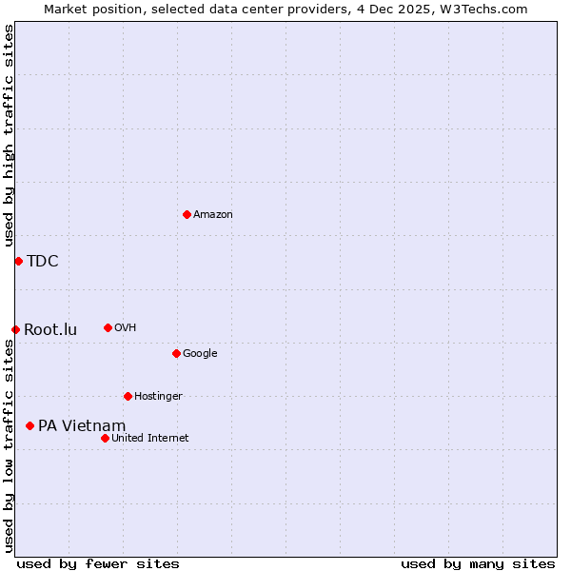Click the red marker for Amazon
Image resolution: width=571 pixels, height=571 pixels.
click(x=187, y=214)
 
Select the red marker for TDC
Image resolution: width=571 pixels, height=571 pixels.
click(x=18, y=261)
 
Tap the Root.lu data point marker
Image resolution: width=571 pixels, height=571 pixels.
click(x=15, y=329)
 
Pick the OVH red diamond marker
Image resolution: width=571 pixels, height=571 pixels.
click(x=108, y=327)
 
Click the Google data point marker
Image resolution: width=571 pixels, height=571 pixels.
click(x=176, y=353)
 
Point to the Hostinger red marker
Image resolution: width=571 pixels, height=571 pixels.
click(x=128, y=396)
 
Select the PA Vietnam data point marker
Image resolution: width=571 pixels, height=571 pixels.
click(x=30, y=425)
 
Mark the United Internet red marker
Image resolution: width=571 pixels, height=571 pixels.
click(x=105, y=438)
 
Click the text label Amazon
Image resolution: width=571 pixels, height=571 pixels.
click(x=213, y=215)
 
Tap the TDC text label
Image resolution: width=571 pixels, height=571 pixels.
click(x=43, y=262)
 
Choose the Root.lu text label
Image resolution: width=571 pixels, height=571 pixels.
click(x=50, y=330)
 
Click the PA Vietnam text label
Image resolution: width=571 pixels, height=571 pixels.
click(x=82, y=425)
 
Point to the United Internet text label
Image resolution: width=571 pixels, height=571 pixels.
click(x=150, y=439)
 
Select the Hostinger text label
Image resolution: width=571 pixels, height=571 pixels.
click(x=158, y=397)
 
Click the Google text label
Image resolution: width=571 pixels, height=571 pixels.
click(x=200, y=354)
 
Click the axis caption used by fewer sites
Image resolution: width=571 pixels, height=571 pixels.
click(x=98, y=563)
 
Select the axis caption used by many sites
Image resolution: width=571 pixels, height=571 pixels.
click(x=478, y=563)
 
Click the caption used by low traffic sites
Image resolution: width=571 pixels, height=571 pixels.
click(x=9, y=447)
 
